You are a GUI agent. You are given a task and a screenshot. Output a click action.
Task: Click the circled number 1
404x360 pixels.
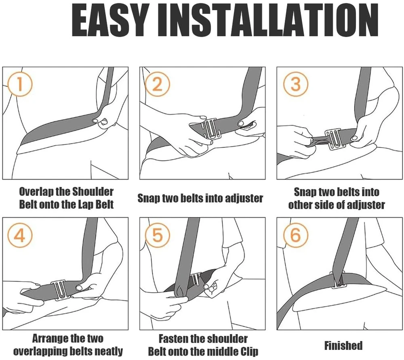pyautogui.click(x=20, y=84)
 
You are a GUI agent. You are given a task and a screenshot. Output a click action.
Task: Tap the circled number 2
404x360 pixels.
pyautogui.click(x=158, y=84)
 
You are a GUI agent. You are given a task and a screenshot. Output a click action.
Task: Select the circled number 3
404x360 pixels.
pyautogui.click(x=296, y=84)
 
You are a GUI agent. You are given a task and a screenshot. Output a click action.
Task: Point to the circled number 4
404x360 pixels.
pyautogui.click(x=20, y=235)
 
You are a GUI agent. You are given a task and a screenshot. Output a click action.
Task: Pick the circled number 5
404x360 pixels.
pyautogui.click(x=158, y=235)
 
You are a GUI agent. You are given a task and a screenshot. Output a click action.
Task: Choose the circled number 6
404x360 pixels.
pyautogui.click(x=296, y=235)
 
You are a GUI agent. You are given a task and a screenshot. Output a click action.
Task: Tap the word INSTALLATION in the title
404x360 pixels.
pyautogui.click(x=268, y=20)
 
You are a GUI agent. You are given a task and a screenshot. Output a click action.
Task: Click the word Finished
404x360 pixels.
pyautogui.click(x=343, y=345)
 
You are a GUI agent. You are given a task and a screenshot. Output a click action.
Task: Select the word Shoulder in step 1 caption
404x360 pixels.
pyautogui.click(x=93, y=192)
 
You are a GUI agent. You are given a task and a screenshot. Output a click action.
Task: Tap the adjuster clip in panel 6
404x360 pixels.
pyautogui.click(x=338, y=280)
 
